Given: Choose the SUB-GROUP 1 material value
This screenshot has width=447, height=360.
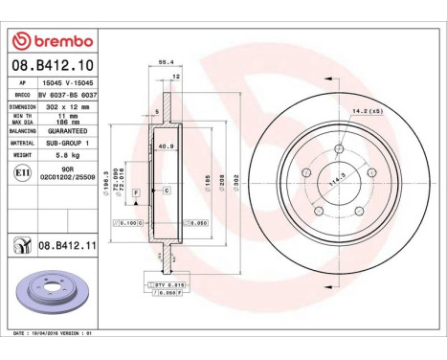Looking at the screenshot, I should coord(66,142).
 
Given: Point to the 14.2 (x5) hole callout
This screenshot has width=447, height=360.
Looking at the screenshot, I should coord(367,112).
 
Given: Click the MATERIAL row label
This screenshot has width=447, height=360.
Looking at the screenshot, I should coord(23,142).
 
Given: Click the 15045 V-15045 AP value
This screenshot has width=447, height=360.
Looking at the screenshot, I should coord(66,84).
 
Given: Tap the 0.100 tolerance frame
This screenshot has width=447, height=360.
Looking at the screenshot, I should coord(131,222).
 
